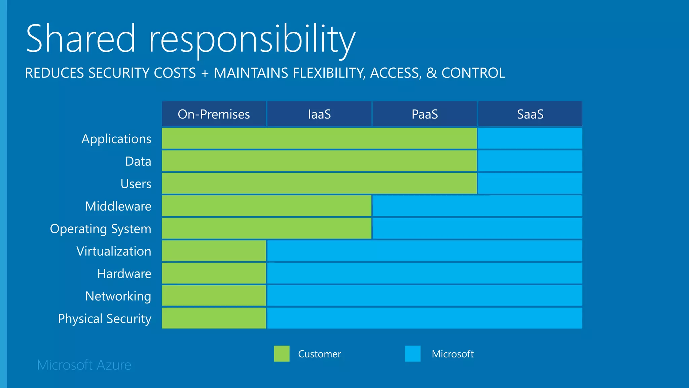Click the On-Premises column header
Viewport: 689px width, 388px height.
point(214,114)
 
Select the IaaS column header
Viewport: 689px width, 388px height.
point(319,114)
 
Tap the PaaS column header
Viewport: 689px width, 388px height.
point(425,114)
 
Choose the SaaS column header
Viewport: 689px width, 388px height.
point(530,114)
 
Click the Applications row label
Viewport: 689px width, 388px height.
point(116,139)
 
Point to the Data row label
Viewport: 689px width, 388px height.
point(138,161)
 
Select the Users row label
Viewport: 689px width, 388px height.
point(136,184)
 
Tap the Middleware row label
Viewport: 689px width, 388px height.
point(118,206)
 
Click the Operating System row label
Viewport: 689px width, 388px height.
point(101,229)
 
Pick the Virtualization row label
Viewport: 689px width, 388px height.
point(114,251)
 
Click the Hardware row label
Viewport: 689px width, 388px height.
point(124,273)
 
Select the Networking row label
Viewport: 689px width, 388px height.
point(118,296)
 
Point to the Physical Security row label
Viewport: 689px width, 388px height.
point(104,319)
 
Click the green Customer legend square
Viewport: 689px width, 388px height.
point(282,354)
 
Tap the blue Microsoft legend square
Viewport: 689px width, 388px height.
point(412,354)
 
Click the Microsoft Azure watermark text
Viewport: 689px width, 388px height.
point(84,365)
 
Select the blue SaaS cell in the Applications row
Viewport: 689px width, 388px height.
point(530,138)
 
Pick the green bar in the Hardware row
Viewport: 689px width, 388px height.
point(214,273)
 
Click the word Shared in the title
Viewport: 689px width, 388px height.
point(81,39)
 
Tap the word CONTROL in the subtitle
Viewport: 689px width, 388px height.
point(473,73)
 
